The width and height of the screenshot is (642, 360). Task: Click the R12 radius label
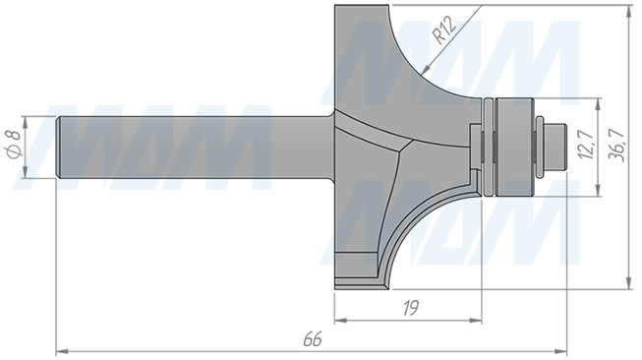(444, 31)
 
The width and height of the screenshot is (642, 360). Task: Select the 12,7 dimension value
(586, 144)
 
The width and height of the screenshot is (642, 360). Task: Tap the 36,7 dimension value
(617, 145)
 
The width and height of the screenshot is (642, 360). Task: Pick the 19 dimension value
(411, 308)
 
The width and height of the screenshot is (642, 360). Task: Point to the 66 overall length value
(313, 339)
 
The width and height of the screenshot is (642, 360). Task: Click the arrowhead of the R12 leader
(427, 69)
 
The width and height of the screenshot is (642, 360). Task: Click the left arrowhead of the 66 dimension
(61, 351)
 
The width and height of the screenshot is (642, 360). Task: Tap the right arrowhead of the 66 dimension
(561, 351)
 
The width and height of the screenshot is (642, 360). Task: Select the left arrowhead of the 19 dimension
(340, 321)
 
